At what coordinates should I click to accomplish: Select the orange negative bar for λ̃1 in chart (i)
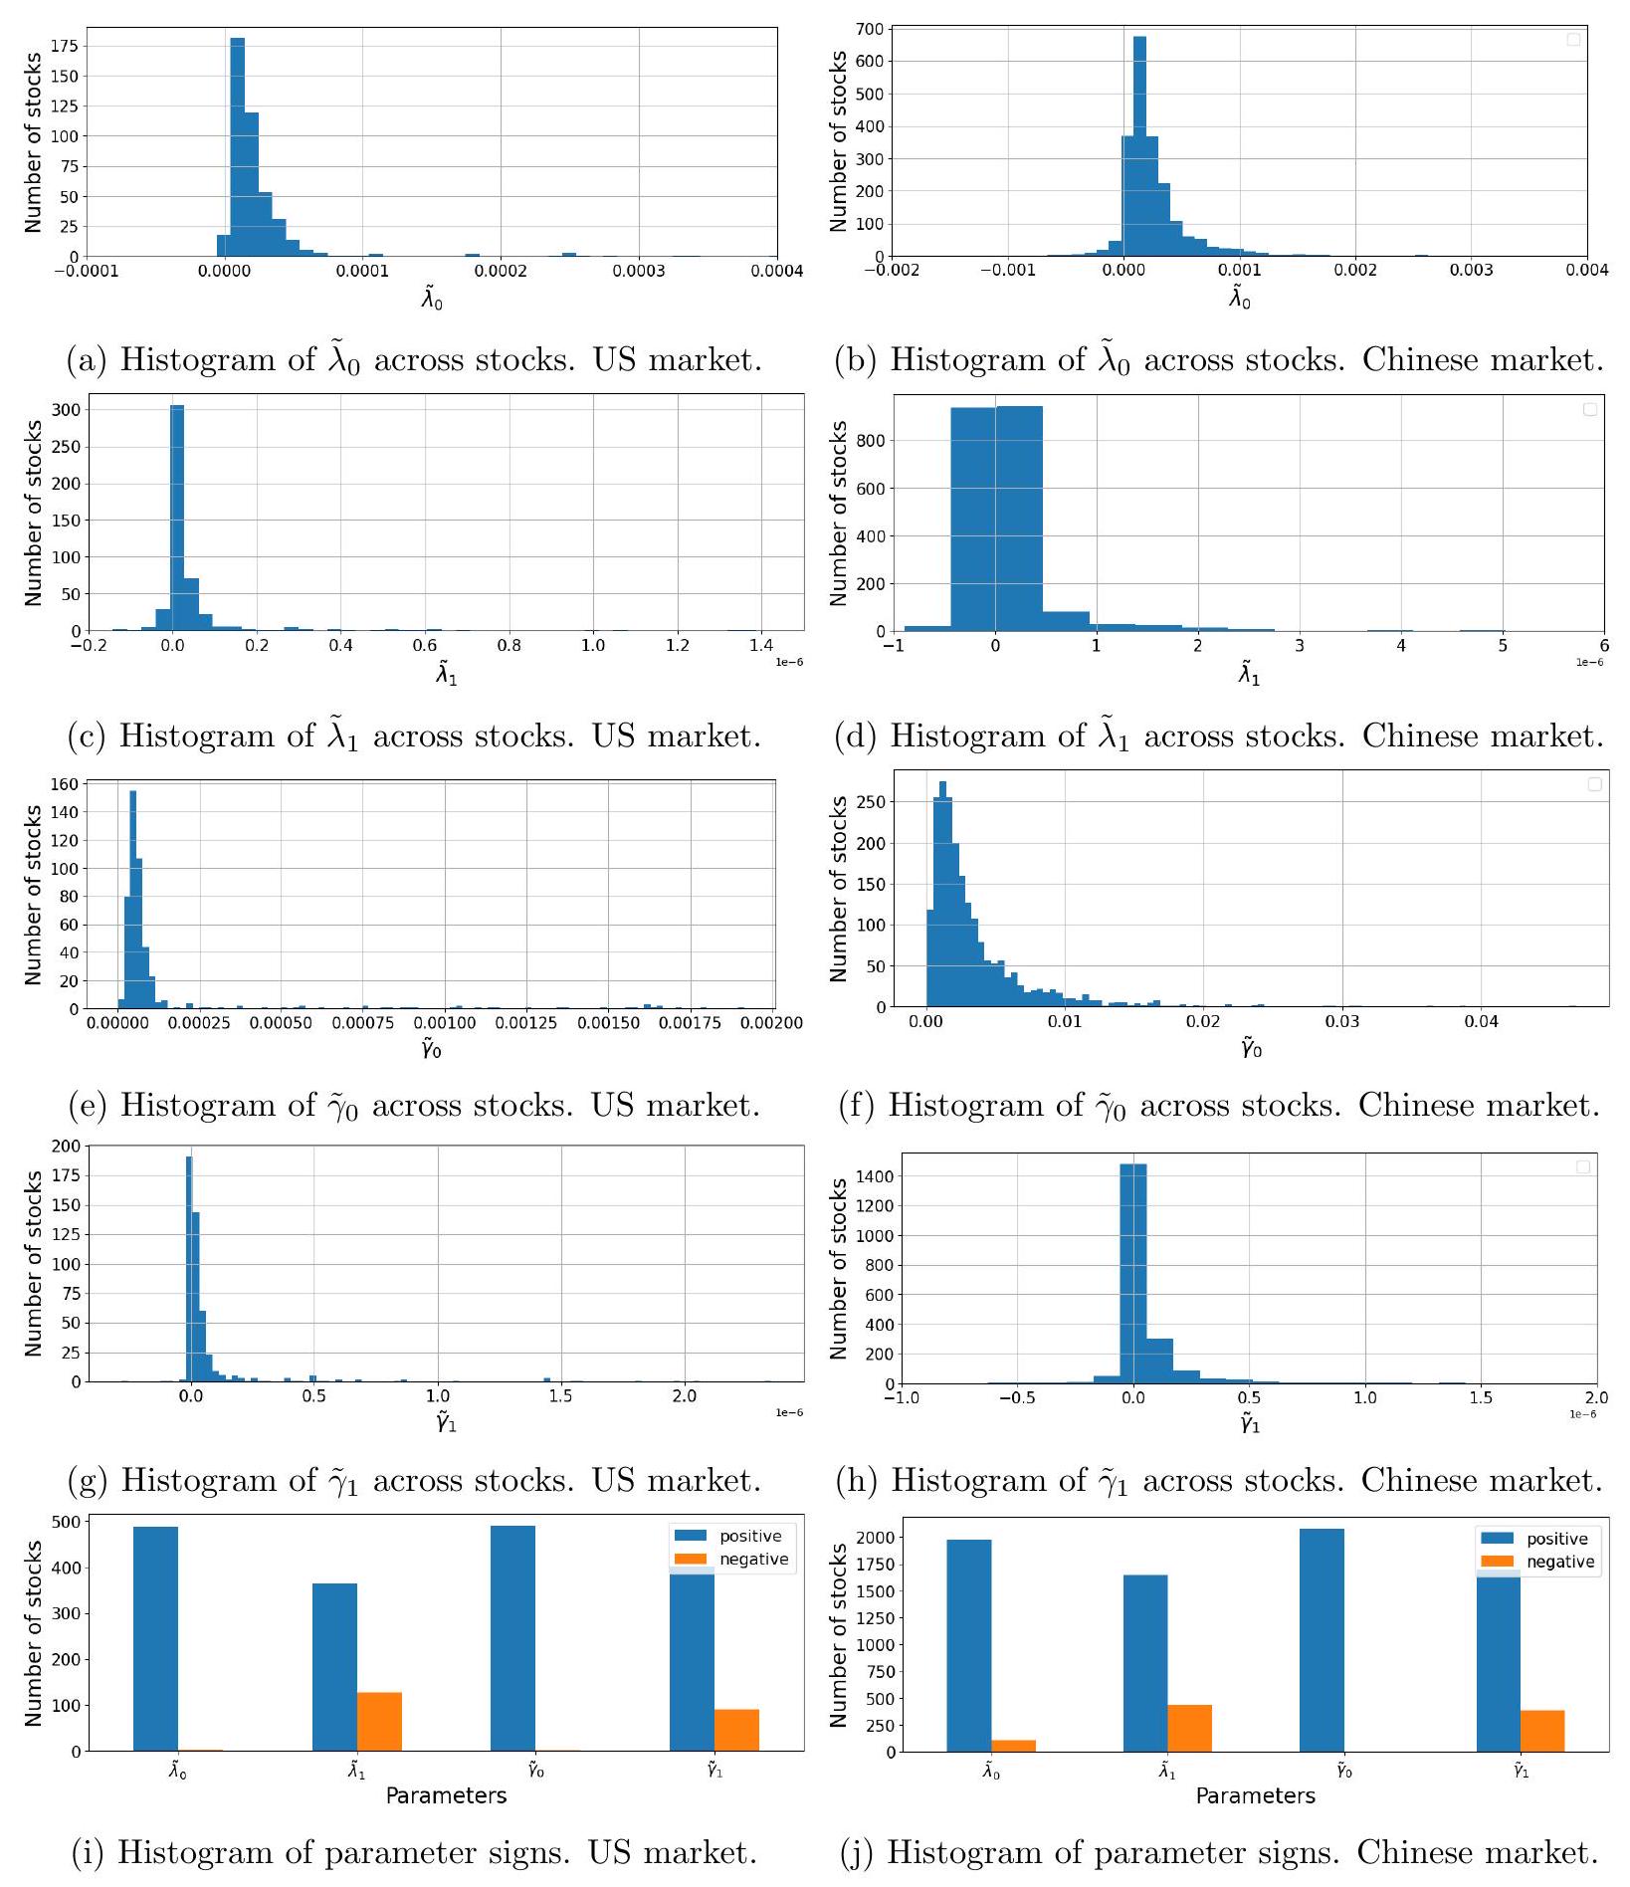379,1721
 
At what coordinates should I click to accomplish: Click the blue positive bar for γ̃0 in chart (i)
512,1637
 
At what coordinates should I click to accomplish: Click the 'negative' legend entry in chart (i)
753,1560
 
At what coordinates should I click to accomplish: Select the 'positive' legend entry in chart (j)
1556,1539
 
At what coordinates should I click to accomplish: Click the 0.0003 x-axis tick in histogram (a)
638,271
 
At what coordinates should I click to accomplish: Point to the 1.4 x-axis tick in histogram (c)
761,645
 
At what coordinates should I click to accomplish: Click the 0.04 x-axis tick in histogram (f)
1481,1021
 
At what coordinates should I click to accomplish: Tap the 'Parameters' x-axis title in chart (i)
446,1795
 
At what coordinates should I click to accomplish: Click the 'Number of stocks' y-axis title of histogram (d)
839,513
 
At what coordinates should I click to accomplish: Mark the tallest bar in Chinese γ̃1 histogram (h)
1132,1274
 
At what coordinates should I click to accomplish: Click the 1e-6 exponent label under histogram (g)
789,1412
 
